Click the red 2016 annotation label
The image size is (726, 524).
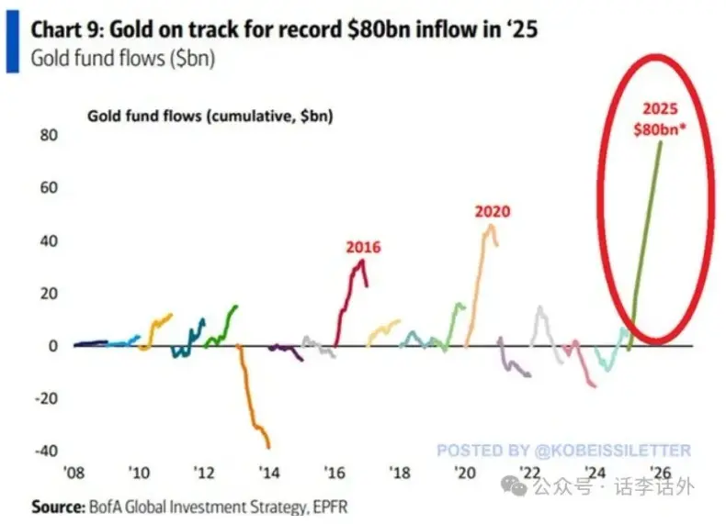[x=363, y=247]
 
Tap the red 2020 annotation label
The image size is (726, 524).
[x=492, y=211]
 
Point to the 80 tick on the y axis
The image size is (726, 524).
[x=48, y=135]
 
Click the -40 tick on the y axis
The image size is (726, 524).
[x=44, y=451]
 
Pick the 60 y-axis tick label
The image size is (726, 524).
[x=48, y=188]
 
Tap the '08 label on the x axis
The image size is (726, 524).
[x=74, y=473]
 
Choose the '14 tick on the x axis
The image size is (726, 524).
[x=270, y=473]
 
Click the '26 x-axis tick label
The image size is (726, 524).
[x=661, y=473]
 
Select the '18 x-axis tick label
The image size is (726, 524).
[x=400, y=473]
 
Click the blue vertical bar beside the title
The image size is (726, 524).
[x=11, y=43]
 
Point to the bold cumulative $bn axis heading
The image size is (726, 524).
[x=210, y=116]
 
